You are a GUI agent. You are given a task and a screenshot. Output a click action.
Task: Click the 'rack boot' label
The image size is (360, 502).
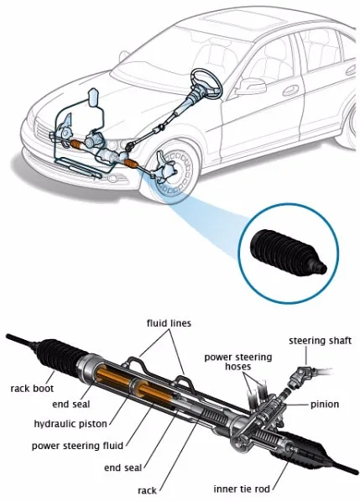[32, 389]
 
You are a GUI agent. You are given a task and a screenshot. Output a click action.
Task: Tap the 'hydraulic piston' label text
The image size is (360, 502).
[70, 424]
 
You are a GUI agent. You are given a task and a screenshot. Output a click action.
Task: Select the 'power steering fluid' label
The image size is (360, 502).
[77, 446]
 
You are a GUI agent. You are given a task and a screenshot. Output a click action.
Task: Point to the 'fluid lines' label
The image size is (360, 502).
[169, 323]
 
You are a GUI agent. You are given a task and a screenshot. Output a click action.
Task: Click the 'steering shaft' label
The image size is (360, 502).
[320, 341]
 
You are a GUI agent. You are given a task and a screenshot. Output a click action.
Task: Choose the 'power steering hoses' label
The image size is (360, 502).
[238, 362]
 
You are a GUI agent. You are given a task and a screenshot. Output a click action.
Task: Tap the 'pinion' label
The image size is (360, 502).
[325, 405]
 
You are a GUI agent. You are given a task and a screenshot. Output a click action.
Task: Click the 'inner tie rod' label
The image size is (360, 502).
[242, 489]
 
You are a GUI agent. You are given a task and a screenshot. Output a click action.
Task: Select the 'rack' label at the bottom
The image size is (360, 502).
[147, 490]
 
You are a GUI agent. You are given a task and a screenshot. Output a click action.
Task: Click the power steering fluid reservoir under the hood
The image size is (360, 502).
[94, 97]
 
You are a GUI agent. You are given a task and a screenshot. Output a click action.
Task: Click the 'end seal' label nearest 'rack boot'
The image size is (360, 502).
[71, 405]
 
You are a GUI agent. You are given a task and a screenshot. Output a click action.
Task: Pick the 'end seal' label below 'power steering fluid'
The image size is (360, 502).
[123, 468]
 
